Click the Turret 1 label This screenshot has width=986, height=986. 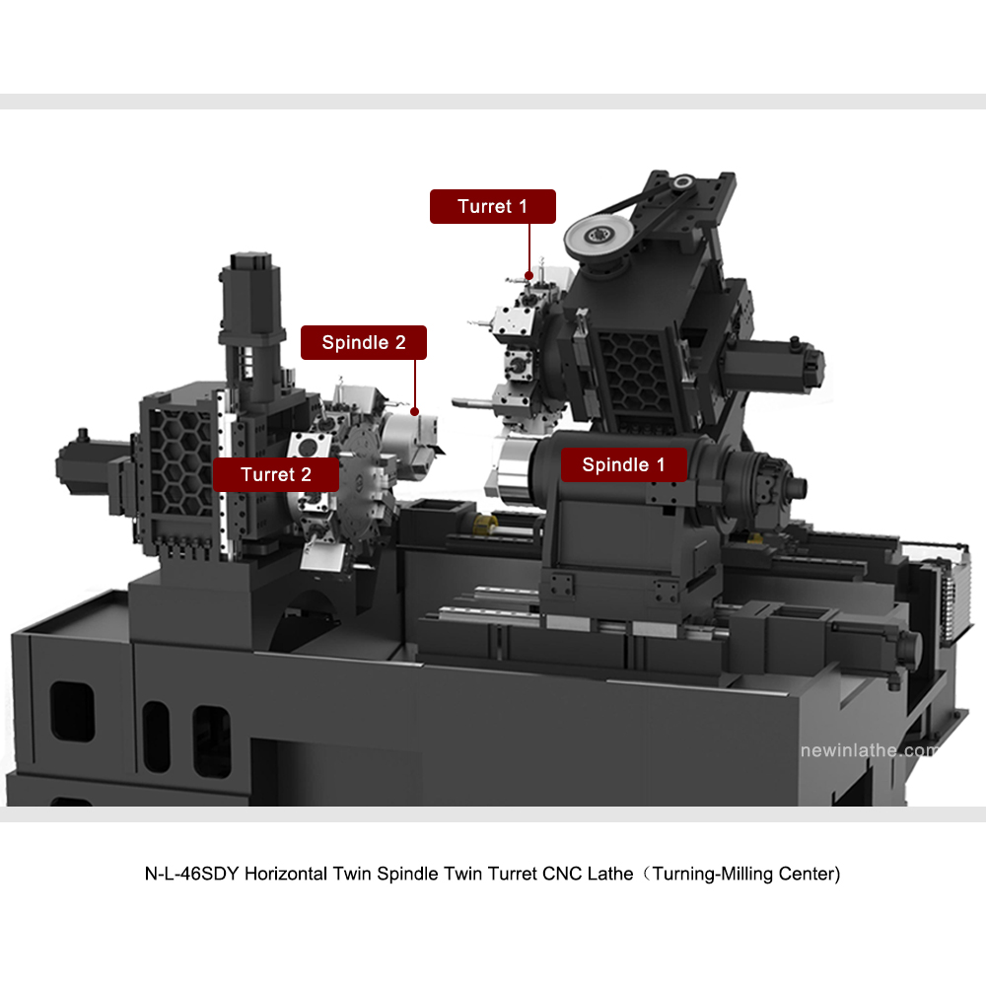point(492,206)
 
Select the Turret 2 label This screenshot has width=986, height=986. point(275,475)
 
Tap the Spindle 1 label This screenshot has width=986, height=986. point(623,464)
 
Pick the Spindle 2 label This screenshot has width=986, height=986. point(364,343)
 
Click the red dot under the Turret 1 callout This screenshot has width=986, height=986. point(528,275)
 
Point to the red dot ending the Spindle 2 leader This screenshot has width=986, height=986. point(414,412)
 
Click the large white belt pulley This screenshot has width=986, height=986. point(599,237)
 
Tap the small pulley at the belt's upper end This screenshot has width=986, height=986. point(681,182)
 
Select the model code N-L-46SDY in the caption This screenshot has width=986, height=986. point(192,874)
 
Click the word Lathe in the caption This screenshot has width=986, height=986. point(610,874)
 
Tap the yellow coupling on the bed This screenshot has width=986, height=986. point(485,524)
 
